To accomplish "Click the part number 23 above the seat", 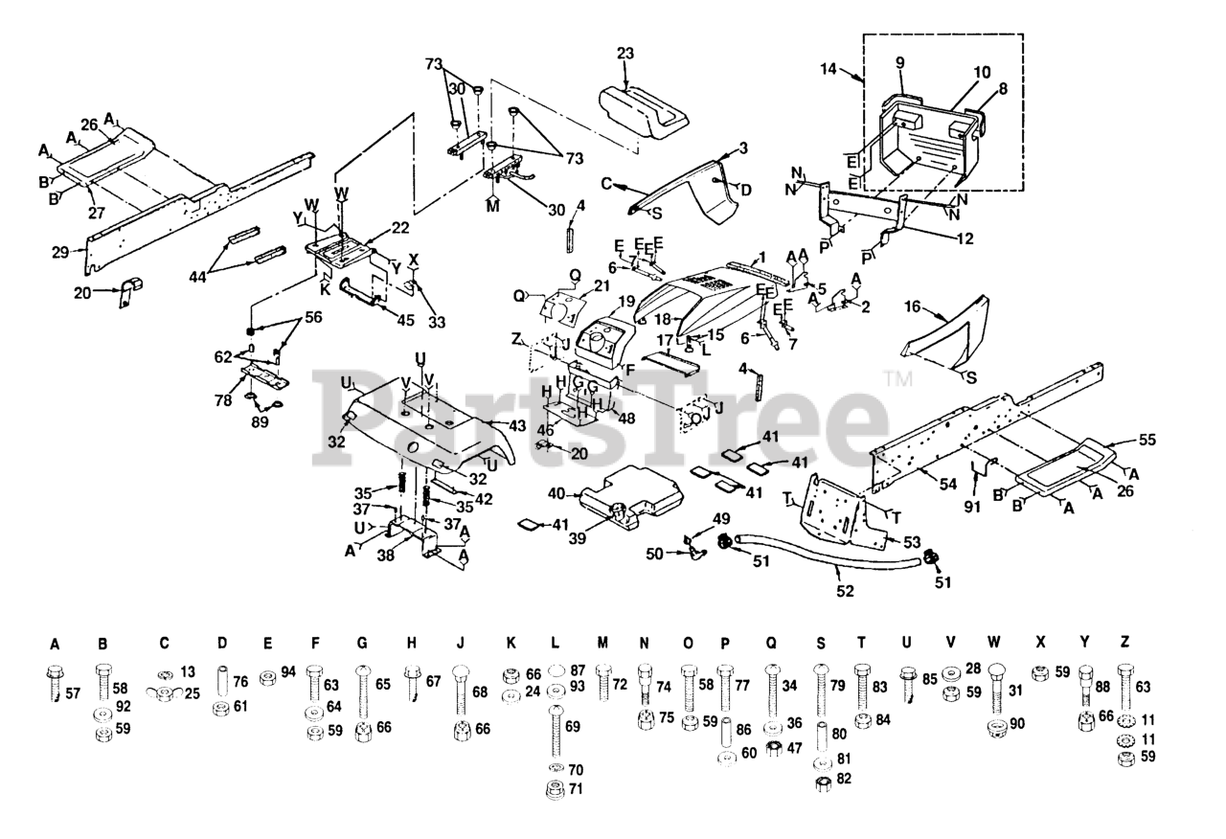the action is tap(625, 54).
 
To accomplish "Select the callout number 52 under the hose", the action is tap(845, 591).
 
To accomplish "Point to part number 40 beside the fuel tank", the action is tap(556, 493).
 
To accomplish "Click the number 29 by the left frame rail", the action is tap(60, 252).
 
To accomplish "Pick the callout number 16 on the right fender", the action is tap(913, 307).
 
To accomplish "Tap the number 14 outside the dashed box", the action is tap(829, 69).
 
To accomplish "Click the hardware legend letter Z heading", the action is tap(1124, 642).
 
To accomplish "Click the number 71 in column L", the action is tap(575, 788).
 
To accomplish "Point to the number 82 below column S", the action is tap(844, 779).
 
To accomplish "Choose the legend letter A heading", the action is tap(55, 646).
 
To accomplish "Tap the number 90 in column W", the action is tap(1017, 723).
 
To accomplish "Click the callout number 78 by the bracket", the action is tap(223, 400).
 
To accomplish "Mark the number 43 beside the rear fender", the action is tap(516, 425).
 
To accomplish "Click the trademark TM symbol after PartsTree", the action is tap(897, 378).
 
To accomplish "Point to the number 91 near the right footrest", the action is tap(972, 508).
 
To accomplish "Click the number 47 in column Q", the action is tap(794, 747).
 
